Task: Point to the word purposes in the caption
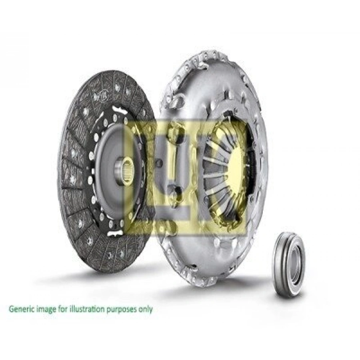(x=122, y=310)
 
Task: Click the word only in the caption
(x=146, y=309)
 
